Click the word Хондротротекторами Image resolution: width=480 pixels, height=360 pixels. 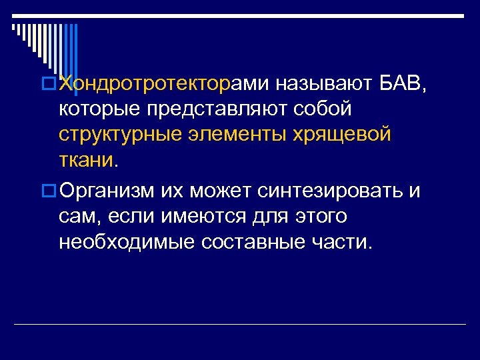point(163,83)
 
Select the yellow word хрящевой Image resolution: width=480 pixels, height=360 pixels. point(343,134)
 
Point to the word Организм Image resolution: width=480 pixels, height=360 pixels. point(107,191)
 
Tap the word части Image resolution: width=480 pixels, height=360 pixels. point(343,241)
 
